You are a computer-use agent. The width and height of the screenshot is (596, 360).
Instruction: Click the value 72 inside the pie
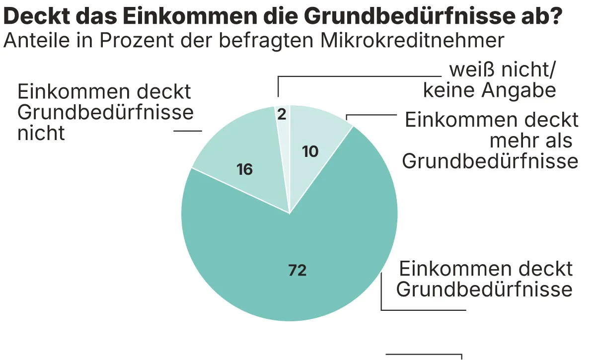tap(298, 271)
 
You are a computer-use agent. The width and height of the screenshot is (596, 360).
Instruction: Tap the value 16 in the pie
tap(245, 170)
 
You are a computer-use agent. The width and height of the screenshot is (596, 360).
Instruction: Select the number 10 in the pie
tap(310, 151)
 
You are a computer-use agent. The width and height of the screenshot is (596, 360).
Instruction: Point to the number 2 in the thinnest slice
tap(282, 115)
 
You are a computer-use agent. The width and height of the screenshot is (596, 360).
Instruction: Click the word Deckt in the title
tap(35, 16)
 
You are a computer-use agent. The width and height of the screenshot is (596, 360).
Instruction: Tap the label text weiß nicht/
tap(502, 71)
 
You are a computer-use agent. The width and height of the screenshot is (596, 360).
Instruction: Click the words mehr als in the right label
tap(531, 141)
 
